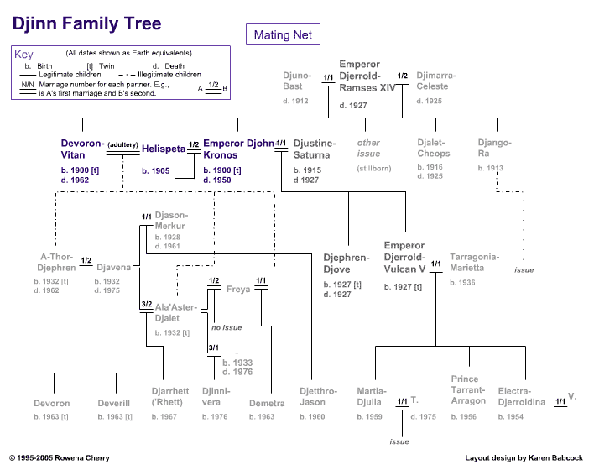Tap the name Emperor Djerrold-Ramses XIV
[x=367, y=76]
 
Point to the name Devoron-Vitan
[x=83, y=149]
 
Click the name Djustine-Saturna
[x=315, y=149]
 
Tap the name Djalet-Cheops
[x=434, y=148]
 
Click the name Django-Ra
[x=489, y=148]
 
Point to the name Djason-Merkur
[x=170, y=221]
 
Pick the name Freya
[x=238, y=290]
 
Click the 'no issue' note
[x=227, y=327]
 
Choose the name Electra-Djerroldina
[x=521, y=397]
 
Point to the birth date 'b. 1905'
[x=156, y=171]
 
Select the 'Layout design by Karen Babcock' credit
[x=524, y=458]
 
